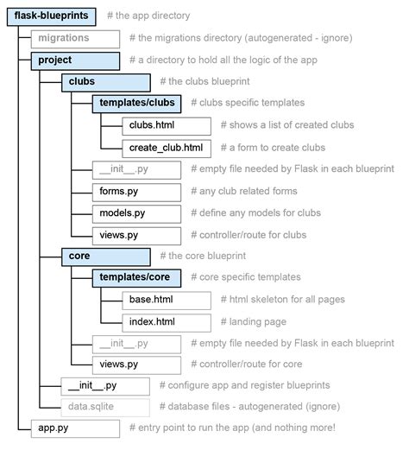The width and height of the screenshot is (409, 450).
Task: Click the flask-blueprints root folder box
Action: (x=52, y=17)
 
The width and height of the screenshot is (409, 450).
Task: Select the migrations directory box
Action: (x=75, y=39)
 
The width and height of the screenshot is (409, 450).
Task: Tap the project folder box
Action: (x=75, y=61)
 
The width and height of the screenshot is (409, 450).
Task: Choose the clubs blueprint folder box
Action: (x=106, y=83)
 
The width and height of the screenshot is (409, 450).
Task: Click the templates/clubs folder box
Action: (x=136, y=104)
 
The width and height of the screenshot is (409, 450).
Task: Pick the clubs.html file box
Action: (x=167, y=126)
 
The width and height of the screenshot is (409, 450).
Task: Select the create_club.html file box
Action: (x=167, y=149)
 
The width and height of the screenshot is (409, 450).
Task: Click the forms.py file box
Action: (x=136, y=193)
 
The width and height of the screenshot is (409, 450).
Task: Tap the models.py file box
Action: (x=136, y=214)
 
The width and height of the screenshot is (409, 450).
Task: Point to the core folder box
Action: (x=106, y=257)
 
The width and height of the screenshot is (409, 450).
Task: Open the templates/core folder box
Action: (x=136, y=278)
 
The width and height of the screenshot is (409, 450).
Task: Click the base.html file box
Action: (x=167, y=301)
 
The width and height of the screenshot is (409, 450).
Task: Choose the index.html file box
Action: (x=167, y=323)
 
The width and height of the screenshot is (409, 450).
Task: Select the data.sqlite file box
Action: (x=105, y=408)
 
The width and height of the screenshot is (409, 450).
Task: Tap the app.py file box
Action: (x=75, y=428)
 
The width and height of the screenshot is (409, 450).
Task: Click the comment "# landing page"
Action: (x=254, y=321)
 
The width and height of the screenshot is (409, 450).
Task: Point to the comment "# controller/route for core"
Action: (x=247, y=364)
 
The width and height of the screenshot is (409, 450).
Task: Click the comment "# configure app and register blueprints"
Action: (x=245, y=385)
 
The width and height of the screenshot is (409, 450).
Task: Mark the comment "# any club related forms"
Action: (x=244, y=191)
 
